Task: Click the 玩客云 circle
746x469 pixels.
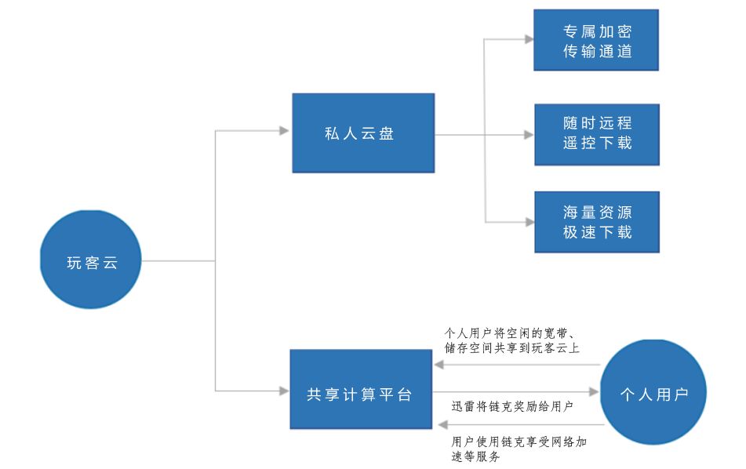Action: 90,260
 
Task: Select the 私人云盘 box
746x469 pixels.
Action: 362,133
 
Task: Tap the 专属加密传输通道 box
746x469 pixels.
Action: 596,41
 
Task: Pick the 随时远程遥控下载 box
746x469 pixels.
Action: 596,134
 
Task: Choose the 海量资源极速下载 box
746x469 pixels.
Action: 596,222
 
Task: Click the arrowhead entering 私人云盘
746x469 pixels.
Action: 285,130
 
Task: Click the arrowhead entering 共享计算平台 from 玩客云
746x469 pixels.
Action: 283,390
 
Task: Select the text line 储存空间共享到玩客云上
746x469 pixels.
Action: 511,347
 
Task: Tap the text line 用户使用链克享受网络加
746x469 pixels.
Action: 519,442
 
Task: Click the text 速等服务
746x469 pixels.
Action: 476,456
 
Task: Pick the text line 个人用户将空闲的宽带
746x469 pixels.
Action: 514,333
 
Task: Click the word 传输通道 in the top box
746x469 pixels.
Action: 597,52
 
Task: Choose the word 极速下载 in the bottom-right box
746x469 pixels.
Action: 597,232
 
